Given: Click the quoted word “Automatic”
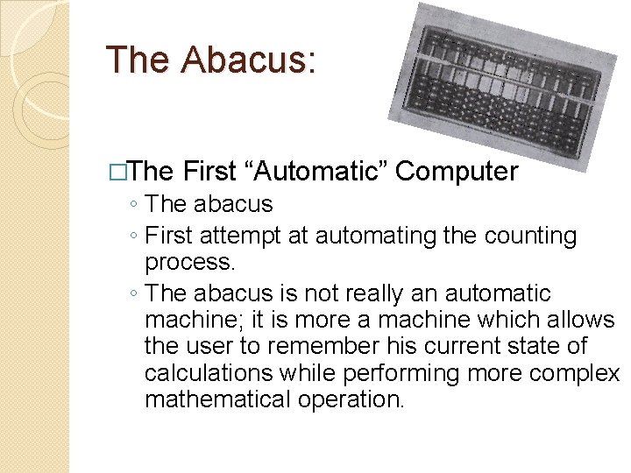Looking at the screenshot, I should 316,172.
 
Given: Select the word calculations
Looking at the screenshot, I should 209,373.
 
